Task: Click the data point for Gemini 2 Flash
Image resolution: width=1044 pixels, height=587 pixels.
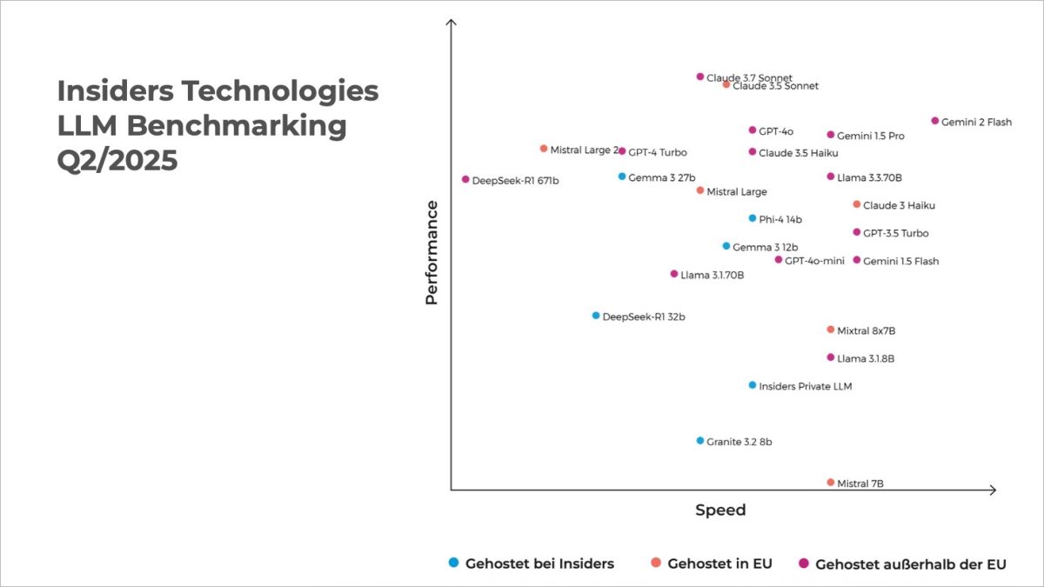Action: [x=935, y=121]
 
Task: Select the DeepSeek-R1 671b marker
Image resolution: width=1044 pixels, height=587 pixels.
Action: [x=465, y=179]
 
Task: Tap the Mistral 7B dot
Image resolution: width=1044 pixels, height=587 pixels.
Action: [x=831, y=482]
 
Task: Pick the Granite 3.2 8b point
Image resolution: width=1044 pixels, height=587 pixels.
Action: [x=700, y=440]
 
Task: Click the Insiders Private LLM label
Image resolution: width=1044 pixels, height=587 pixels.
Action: [x=805, y=386]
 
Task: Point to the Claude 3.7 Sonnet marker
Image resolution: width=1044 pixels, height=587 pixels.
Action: [x=700, y=77]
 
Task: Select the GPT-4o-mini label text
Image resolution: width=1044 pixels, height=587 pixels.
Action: [x=814, y=261]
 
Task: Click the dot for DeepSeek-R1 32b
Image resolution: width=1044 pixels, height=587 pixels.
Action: [x=596, y=316]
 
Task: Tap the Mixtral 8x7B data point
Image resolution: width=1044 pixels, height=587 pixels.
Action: [x=831, y=330]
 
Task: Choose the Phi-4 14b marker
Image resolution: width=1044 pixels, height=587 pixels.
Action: [x=753, y=218]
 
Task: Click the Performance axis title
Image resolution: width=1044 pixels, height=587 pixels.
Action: [x=432, y=252]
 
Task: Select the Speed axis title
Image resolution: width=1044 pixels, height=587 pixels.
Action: [x=720, y=510]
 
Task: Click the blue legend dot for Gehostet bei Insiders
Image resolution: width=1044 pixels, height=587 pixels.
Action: [x=453, y=563]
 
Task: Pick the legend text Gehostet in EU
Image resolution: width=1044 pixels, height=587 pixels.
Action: [x=719, y=564]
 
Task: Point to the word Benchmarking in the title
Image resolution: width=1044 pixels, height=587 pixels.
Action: [x=236, y=125]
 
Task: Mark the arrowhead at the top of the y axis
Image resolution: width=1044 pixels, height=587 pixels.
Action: [x=451, y=23]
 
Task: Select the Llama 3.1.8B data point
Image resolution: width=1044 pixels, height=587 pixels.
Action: [x=831, y=357]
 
